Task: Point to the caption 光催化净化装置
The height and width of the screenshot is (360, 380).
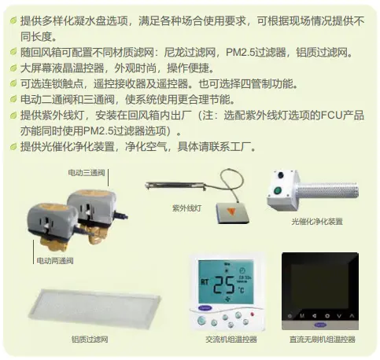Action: [317, 222]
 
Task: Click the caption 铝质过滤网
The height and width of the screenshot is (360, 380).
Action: [90, 339]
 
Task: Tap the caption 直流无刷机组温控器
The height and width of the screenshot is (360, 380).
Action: [321, 339]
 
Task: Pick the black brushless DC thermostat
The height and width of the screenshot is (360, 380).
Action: [320, 290]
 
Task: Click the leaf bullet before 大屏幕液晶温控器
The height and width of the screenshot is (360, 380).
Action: [14, 68]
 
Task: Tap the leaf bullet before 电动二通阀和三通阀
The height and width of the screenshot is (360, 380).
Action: [14, 99]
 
